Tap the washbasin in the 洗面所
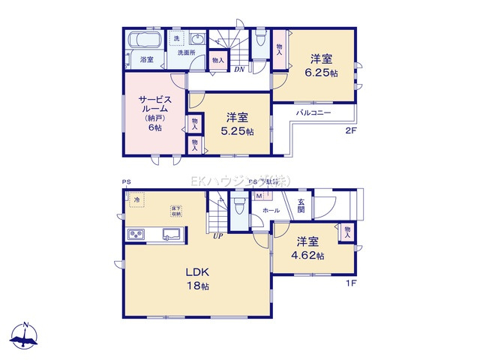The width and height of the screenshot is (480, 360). (x=197, y=40)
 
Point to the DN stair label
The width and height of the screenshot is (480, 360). (x=238, y=70)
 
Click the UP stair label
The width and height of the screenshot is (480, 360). (x=217, y=235)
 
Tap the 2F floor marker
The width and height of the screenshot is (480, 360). (x=350, y=131)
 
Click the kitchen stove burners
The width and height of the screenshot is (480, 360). (x=136, y=235)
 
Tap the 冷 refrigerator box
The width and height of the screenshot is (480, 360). (x=137, y=200)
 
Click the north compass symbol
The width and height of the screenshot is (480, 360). (x=25, y=335)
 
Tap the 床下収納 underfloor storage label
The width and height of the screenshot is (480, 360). (x=175, y=209)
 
